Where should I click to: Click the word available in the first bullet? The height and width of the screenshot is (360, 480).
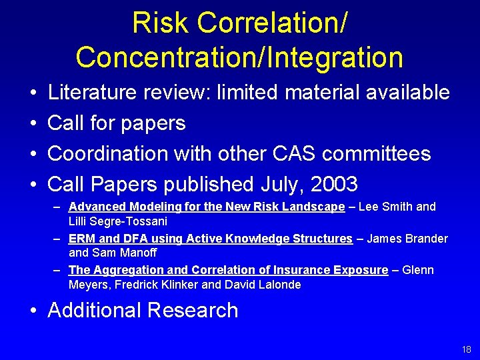pos(408,92)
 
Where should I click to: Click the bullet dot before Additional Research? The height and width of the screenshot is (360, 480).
pos(33,311)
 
